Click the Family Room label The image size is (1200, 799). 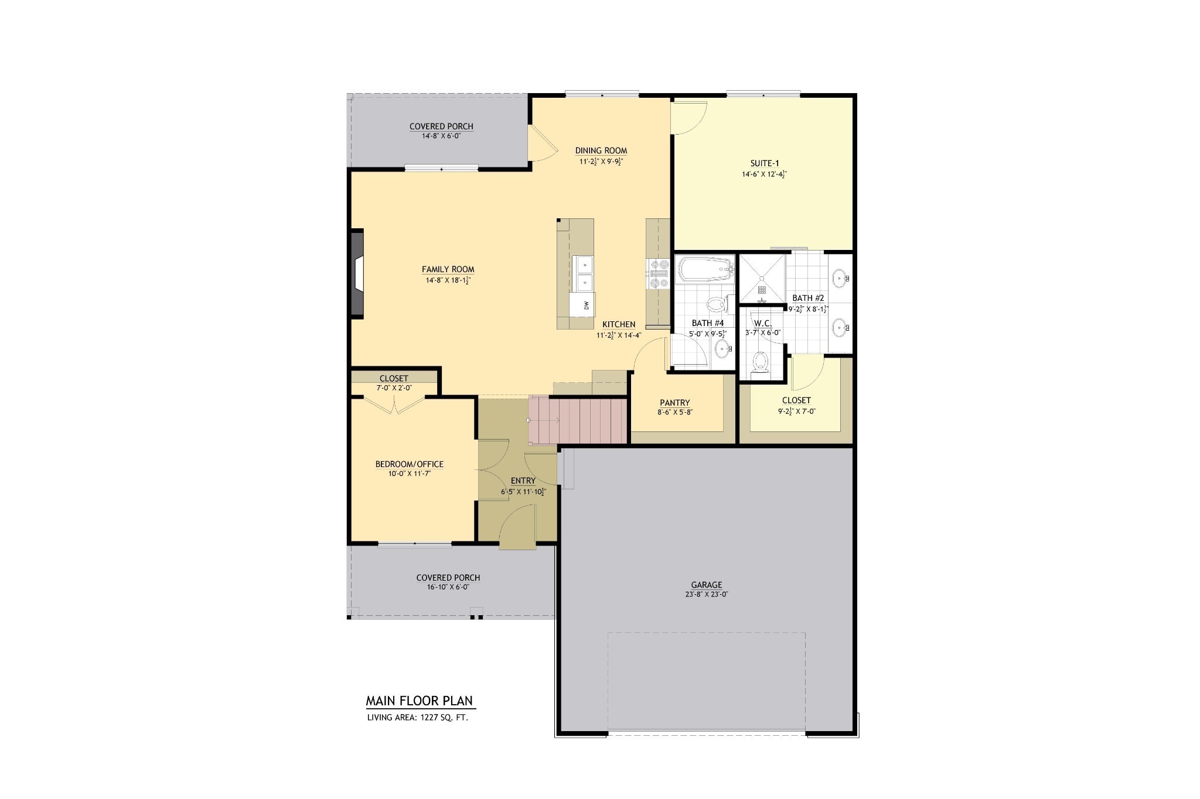tap(448, 269)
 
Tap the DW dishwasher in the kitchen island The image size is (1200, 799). tap(582, 304)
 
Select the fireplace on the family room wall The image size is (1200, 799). tap(357, 275)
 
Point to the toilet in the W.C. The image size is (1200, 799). tap(761, 362)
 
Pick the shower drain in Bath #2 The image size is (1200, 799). tap(762, 289)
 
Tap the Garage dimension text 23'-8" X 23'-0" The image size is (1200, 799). tap(706, 594)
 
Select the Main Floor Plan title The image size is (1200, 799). tap(420, 701)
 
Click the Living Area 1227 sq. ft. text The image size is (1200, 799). tap(417, 717)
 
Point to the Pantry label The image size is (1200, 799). tap(674, 403)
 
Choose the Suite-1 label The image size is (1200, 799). tap(765, 163)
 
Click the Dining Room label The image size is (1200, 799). tap(601, 150)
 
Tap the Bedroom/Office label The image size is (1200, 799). tap(410, 464)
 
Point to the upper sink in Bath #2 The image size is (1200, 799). tap(840, 276)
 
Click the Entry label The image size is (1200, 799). tap(523, 481)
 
